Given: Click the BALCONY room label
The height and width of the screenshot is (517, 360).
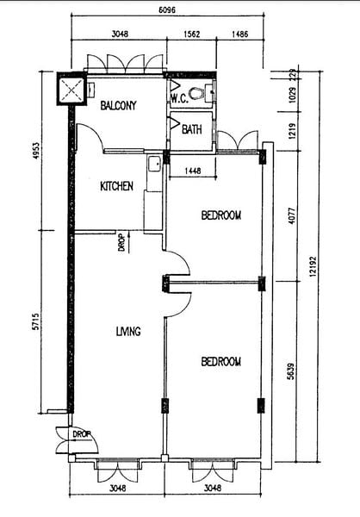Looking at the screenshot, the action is click(x=118, y=105).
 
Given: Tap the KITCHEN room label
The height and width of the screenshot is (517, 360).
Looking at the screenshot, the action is click(x=117, y=186).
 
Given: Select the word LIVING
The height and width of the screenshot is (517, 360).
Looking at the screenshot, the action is click(x=128, y=331).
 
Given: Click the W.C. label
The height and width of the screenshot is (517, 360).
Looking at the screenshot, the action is click(x=179, y=98).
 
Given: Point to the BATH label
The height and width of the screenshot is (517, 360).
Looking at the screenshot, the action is click(x=192, y=129).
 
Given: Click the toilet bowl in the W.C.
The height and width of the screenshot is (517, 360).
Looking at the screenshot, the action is click(x=196, y=93).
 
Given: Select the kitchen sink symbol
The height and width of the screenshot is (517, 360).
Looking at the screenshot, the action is click(x=154, y=164).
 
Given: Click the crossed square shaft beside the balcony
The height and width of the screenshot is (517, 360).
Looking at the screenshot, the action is click(x=71, y=89).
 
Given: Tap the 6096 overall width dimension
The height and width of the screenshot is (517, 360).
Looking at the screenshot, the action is click(x=167, y=9).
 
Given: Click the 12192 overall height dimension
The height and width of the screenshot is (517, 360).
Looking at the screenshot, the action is click(x=313, y=266).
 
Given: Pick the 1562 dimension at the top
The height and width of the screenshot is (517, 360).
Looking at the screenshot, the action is click(x=192, y=34).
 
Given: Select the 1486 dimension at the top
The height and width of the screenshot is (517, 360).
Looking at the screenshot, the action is click(x=240, y=34).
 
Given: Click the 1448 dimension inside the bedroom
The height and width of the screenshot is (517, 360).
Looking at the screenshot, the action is click(x=193, y=171).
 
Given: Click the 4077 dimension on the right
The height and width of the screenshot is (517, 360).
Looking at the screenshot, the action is click(x=292, y=216).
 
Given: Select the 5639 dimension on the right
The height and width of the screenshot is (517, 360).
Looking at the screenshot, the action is click(x=291, y=371).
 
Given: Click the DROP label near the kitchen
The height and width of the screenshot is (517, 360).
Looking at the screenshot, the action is click(x=121, y=243).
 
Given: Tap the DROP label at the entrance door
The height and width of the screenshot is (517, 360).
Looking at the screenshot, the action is click(x=82, y=434).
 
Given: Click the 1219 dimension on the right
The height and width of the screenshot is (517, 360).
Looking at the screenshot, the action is click(x=293, y=131).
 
